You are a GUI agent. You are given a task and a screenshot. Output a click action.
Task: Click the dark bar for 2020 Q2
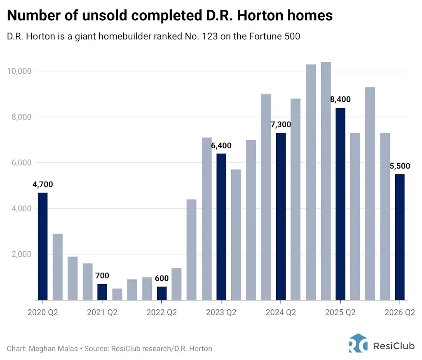(42, 246)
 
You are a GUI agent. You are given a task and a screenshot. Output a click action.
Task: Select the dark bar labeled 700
(102, 292)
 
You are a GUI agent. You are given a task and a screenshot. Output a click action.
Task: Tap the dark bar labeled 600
(162, 293)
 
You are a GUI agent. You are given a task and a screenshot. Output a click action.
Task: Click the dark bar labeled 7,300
(281, 216)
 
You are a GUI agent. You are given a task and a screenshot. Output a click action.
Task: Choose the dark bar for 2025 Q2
(340, 204)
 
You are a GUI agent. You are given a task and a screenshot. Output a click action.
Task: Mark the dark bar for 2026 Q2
(400, 237)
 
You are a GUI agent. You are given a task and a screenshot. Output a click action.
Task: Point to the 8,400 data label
(340, 99)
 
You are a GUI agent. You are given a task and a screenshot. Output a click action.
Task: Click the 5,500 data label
(400, 166)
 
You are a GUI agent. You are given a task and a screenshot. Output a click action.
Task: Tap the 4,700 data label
(42, 185)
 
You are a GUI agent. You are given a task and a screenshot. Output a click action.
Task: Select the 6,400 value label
(221, 145)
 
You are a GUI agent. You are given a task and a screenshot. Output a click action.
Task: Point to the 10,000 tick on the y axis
(19, 71)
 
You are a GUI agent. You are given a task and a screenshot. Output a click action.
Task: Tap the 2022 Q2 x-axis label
(162, 313)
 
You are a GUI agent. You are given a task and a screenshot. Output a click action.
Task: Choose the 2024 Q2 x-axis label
(281, 313)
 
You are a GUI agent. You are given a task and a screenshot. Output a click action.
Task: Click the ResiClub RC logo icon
(358, 343)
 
